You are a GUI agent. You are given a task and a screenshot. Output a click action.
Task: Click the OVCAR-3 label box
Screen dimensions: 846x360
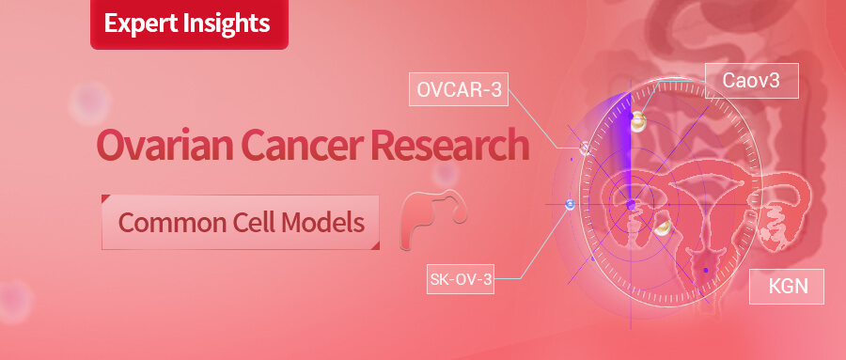coord(459,89)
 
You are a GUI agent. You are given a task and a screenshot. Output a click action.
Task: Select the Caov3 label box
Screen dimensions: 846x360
coord(752,81)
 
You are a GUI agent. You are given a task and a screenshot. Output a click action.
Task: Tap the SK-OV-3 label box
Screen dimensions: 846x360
coord(461,279)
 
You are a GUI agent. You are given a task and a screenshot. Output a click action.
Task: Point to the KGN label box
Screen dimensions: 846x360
coord(787,287)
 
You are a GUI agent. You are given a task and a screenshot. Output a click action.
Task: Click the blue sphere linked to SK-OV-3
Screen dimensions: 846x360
coord(570,205)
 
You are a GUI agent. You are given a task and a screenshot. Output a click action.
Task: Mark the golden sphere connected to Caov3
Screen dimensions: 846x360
coord(638,121)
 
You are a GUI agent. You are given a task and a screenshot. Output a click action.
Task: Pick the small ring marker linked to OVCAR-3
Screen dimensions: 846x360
coord(585,148)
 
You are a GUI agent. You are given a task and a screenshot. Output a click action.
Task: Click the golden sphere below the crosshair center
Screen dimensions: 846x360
coord(663,227)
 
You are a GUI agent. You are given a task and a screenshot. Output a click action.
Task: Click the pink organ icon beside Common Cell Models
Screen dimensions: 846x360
coord(432,217)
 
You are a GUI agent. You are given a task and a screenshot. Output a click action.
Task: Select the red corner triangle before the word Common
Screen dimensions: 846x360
coord(105,199)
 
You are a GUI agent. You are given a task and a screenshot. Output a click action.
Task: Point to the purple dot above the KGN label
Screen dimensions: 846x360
coord(706,270)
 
